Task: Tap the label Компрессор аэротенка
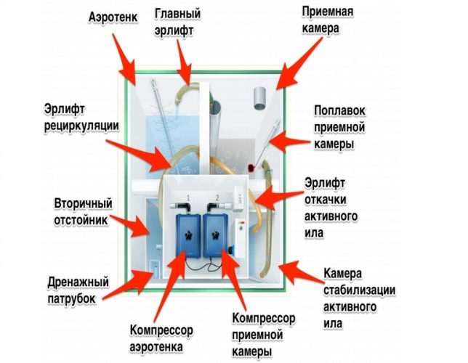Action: tap(161, 338)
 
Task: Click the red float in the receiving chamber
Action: tap(251, 168)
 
